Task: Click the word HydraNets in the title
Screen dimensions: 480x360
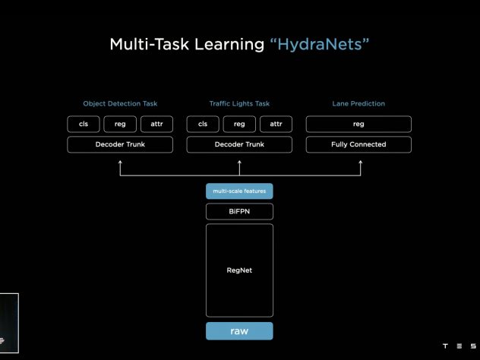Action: (320, 45)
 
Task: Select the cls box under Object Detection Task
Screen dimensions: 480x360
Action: (84, 124)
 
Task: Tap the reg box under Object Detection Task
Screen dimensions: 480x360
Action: (120, 124)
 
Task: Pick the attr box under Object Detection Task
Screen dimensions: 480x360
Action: (156, 124)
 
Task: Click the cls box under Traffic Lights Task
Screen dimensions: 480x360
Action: (203, 124)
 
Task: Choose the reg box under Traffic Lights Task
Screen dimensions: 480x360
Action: (239, 124)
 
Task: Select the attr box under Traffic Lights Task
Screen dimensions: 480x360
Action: (276, 124)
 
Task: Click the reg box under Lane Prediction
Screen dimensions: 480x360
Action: (358, 124)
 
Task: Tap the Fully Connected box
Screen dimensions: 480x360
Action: (358, 144)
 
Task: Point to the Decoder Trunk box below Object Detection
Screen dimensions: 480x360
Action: (120, 144)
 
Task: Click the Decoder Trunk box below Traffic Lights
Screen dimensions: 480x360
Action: (239, 144)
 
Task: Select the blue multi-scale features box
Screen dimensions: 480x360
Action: (239, 191)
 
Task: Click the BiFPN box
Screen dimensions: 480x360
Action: (239, 212)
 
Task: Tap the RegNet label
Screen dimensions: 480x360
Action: (239, 270)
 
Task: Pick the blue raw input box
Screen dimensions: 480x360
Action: (239, 331)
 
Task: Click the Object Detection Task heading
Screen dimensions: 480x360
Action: (120, 104)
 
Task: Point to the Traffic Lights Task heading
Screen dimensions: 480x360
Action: (239, 104)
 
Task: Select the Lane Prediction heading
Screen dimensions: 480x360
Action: (358, 104)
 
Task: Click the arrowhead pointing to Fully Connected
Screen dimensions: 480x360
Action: (361, 162)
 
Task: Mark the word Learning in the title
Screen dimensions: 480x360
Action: (229, 45)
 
